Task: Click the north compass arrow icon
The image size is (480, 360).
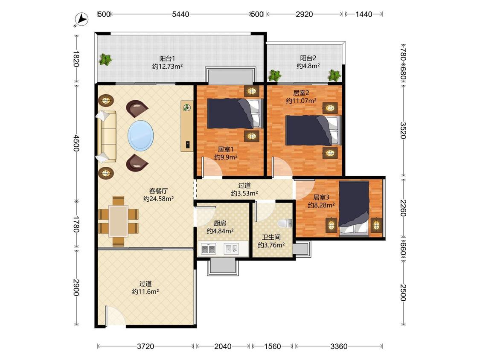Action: tap(81, 19)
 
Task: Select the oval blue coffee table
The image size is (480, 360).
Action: tap(140, 135)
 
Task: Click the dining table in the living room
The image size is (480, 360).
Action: tap(119, 221)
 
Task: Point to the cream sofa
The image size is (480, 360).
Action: tap(107, 136)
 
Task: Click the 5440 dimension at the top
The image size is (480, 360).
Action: tap(180, 14)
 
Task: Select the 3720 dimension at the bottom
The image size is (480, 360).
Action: tap(145, 346)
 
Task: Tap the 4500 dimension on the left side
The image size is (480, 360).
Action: tap(76, 142)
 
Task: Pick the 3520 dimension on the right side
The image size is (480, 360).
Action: tap(403, 131)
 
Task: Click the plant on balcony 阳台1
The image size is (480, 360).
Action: tap(105, 59)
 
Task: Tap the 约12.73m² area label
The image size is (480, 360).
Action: tap(167, 66)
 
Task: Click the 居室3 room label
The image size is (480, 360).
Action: tap(321, 197)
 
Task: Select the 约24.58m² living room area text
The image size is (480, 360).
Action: tap(159, 199)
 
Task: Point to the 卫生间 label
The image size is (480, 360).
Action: tap(271, 237)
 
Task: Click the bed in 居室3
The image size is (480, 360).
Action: tap(354, 209)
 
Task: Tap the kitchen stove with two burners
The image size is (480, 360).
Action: tap(209, 249)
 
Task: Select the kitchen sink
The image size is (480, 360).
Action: tap(231, 249)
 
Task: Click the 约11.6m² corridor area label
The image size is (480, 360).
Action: tap(145, 292)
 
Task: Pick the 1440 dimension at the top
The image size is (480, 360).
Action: tap(364, 14)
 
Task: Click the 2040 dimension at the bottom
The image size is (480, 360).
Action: tap(223, 346)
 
